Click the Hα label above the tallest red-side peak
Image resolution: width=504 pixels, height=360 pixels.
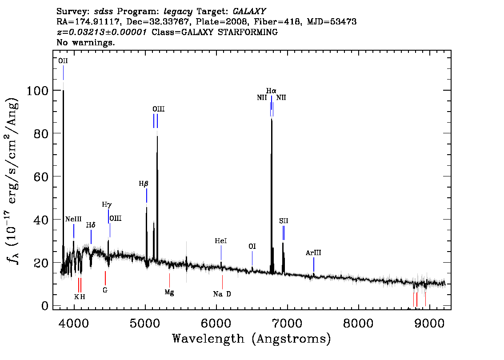click(x=271, y=91)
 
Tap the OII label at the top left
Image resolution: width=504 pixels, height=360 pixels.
click(x=63, y=61)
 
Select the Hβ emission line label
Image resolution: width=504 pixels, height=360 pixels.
click(x=144, y=184)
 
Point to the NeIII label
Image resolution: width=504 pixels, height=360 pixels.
click(x=73, y=219)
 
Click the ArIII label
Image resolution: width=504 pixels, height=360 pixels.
click(x=313, y=252)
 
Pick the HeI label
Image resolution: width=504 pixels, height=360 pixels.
click(x=221, y=241)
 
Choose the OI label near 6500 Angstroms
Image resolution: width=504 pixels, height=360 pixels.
click(x=252, y=246)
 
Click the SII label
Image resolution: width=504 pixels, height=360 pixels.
click(x=284, y=221)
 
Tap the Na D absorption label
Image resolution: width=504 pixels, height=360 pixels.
click(x=222, y=294)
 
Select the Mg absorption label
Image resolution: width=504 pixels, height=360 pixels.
click(x=169, y=292)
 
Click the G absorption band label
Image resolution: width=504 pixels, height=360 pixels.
click(x=105, y=290)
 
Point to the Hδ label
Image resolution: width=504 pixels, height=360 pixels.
click(x=91, y=225)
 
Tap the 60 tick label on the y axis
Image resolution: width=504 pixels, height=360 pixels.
click(x=41, y=176)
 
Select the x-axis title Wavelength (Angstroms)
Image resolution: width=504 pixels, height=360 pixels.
click(x=252, y=339)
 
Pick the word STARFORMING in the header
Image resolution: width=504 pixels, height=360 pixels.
click(x=248, y=32)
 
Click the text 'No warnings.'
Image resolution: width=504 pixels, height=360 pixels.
click(x=85, y=42)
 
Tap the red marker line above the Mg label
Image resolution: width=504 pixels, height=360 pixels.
click(x=169, y=280)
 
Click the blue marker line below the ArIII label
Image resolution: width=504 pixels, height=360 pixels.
click(x=314, y=264)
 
